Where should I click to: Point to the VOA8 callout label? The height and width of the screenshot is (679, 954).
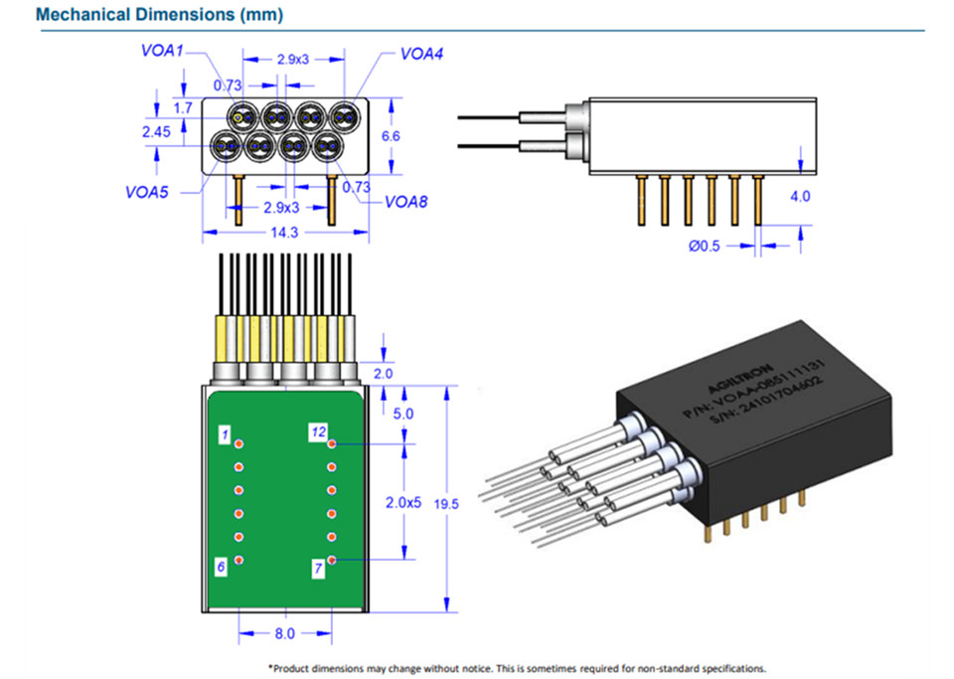pos(406,203)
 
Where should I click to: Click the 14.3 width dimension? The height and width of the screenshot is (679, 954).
pos(284,233)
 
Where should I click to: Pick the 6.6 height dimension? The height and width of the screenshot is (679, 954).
pos(391,135)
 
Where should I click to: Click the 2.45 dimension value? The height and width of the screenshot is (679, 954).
pos(156,131)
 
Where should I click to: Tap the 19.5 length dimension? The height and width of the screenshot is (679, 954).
pos(447,503)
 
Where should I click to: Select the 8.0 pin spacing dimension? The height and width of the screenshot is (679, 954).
pos(284,632)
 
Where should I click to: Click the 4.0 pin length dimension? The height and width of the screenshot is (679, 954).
pos(799,197)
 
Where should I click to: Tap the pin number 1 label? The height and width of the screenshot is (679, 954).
pos(226,434)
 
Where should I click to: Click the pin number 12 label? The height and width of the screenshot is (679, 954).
pos(317,432)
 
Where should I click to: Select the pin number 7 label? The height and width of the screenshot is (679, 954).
pos(318,569)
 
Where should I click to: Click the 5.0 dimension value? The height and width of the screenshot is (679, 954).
pos(402,413)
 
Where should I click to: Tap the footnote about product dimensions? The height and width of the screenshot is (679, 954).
pos(517,668)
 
